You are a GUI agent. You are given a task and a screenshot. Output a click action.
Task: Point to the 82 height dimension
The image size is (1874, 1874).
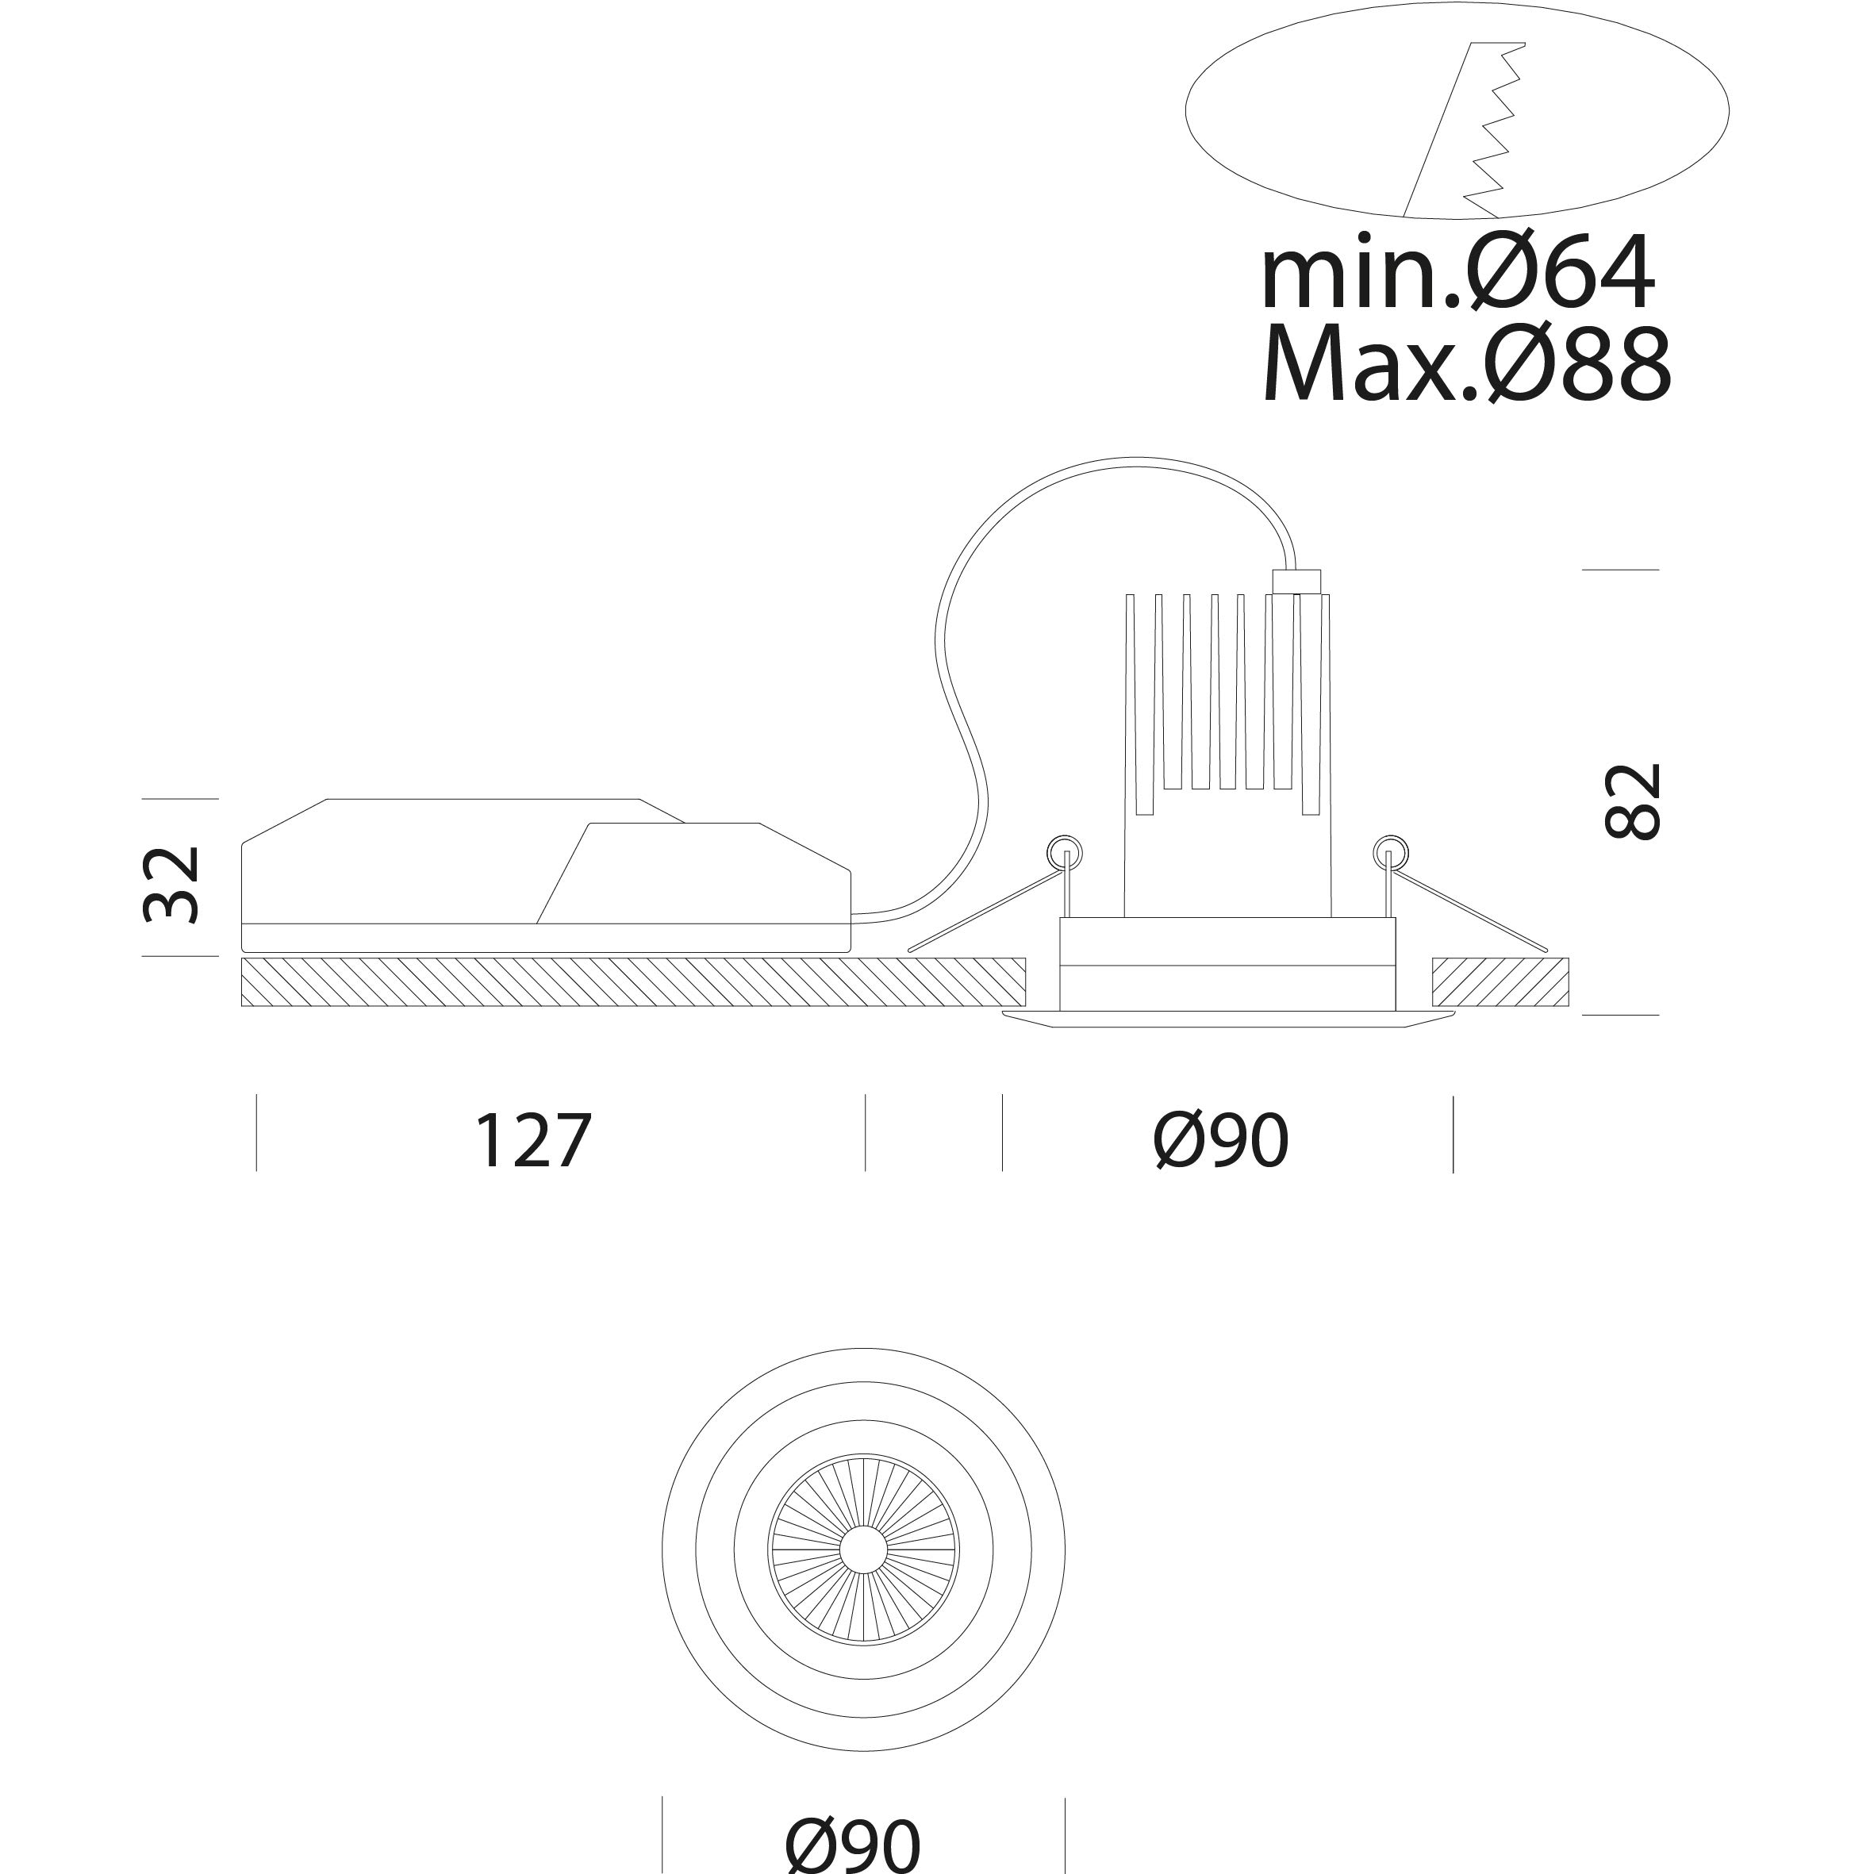(1634, 801)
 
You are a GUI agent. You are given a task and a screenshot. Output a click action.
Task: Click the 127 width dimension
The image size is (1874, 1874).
(532, 1141)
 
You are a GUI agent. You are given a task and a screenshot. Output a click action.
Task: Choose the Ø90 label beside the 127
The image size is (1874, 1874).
(1221, 1141)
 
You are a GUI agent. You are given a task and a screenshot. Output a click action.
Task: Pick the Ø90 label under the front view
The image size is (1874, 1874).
(853, 1844)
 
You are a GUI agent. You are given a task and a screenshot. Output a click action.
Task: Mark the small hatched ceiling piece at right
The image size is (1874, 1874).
(1500, 981)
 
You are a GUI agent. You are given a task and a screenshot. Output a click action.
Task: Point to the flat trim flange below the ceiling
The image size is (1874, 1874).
(1228, 1019)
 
